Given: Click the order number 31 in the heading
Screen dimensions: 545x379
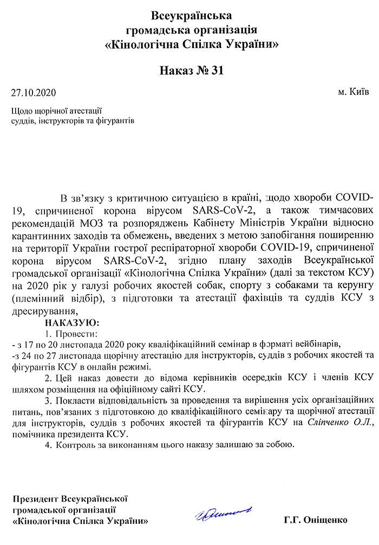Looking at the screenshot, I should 215,70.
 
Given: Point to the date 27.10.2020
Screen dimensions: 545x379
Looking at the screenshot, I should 34,93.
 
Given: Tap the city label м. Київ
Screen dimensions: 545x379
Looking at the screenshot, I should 354,92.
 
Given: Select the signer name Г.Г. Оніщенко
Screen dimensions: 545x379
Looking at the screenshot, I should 315,521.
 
